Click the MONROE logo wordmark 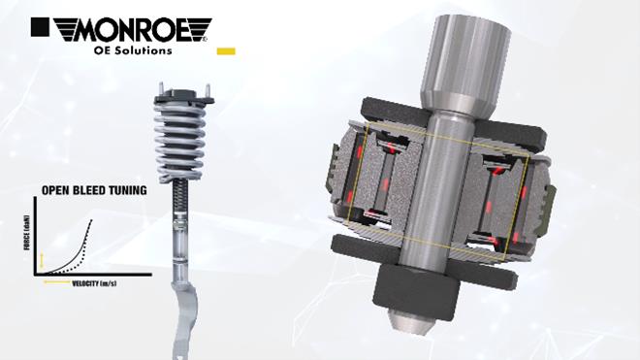[x=132, y=29]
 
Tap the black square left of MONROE [x=40, y=27]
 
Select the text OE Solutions [x=133, y=50]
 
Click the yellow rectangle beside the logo [x=226, y=51]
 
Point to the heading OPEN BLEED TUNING [x=94, y=190]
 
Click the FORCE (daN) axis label [x=27, y=232]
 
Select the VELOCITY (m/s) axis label [x=94, y=283]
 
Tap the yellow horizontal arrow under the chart [x=57, y=282]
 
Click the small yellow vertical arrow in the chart [x=42, y=260]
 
